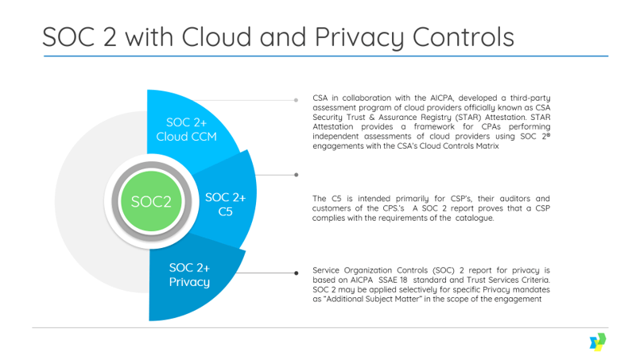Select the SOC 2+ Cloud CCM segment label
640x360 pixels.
(x=186, y=129)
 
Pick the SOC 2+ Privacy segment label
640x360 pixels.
(x=189, y=275)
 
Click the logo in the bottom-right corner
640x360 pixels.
(x=596, y=342)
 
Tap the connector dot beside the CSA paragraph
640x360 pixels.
(x=296, y=101)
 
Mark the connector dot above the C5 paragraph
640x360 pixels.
(x=296, y=174)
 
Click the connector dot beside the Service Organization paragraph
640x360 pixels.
(x=296, y=273)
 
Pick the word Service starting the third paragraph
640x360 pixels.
(x=329, y=269)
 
